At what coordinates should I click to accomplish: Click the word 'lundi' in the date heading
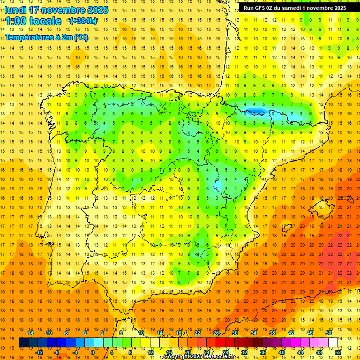tap(15, 10)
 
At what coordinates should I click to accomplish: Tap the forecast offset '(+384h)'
tap(83, 21)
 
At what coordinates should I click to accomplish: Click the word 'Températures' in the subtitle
tap(29, 37)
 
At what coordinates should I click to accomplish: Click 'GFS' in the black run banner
tap(261, 8)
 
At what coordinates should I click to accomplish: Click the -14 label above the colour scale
tap(30, 333)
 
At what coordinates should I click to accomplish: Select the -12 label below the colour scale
tap(39, 352)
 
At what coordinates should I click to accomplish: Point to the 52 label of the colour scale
tap(338, 352)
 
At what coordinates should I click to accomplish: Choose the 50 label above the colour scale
tap(329, 333)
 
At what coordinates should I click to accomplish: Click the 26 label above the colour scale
tap(216, 333)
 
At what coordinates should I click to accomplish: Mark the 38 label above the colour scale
tap(272, 333)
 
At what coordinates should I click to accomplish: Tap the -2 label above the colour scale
tap(85, 333)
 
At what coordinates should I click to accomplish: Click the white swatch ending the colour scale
tap(333, 343)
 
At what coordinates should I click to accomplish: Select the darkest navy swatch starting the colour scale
tap(23, 343)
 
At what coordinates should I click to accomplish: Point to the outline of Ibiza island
tap(287, 228)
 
